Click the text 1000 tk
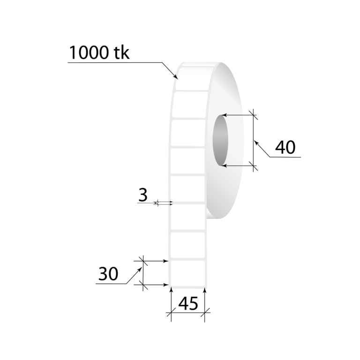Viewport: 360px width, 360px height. click(99, 52)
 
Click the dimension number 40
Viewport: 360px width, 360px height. click(285, 147)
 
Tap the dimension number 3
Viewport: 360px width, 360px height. click(143, 194)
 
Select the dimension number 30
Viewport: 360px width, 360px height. click(108, 274)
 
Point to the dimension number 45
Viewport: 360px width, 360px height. click(188, 304)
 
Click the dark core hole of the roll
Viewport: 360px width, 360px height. click(220, 140)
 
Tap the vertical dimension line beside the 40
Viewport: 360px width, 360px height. click(254, 140)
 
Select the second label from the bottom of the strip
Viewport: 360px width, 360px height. click(187, 245)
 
